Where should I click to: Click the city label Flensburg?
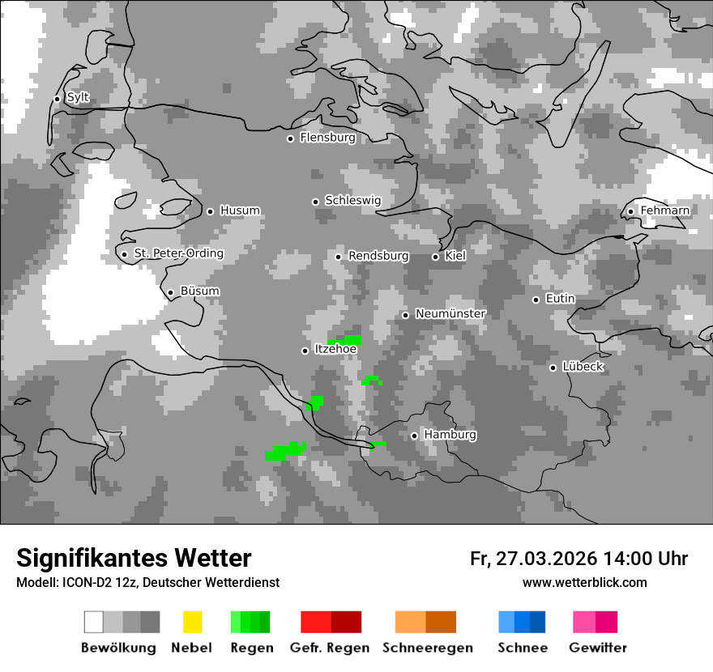click(327, 138)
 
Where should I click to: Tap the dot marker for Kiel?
click(435, 257)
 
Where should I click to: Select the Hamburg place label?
click(450, 435)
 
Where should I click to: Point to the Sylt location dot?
click(57, 99)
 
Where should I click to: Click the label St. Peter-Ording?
click(178, 253)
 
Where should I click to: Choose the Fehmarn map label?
click(664, 211)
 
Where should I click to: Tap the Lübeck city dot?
click(553, 368)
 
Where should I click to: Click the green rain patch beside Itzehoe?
click(346, 340)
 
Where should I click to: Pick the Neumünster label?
click(450, 313)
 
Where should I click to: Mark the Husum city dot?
click(210, 211)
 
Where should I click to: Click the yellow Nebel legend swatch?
click(192, 622)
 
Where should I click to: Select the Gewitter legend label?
click(597, 648)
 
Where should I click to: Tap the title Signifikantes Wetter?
click(134, 558)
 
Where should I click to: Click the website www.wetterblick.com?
click(584, 582)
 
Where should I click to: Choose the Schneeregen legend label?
click(427, 648)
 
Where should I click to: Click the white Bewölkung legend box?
click(94, 622)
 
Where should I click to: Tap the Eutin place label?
click(560, 299)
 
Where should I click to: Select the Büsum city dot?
click(170, 292)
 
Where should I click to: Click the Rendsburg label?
click(378, 256)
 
